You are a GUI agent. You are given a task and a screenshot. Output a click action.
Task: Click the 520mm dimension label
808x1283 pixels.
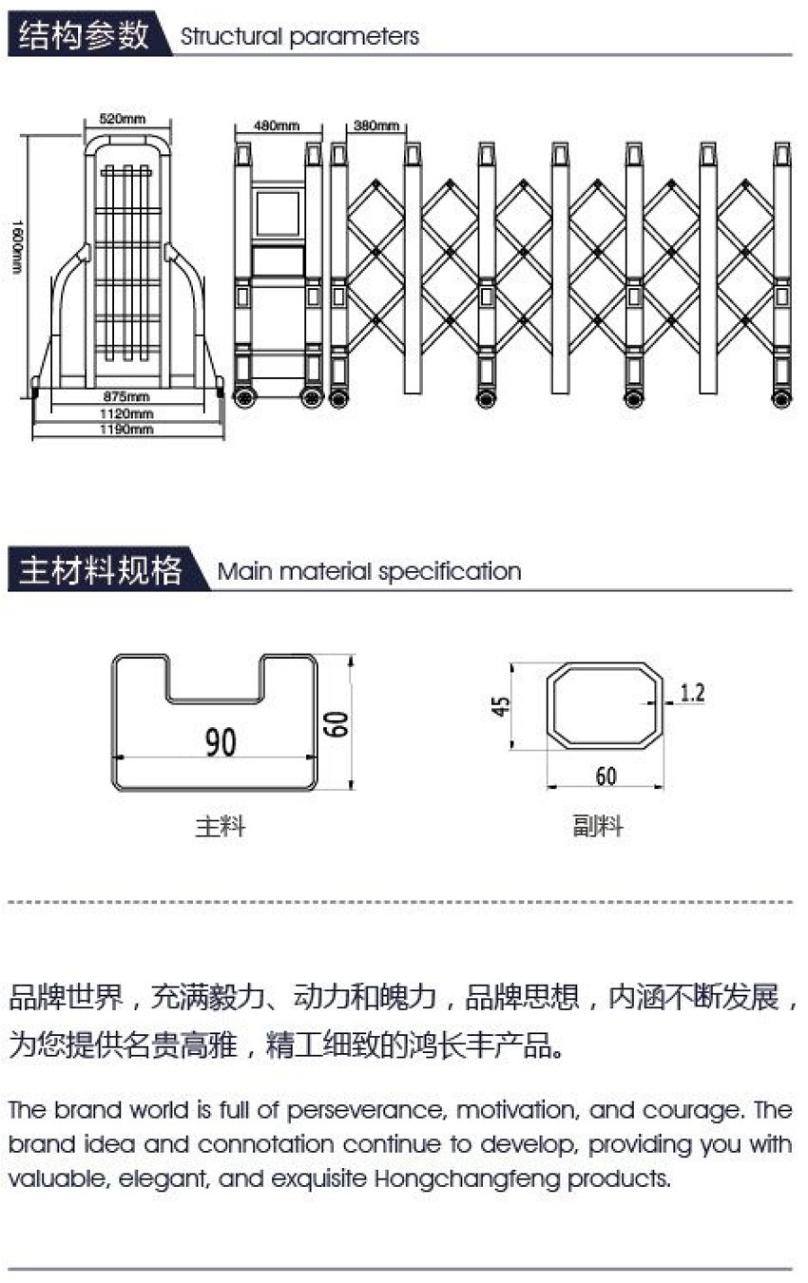coord(123,119)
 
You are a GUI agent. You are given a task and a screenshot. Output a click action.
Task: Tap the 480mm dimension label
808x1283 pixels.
coord(277,125)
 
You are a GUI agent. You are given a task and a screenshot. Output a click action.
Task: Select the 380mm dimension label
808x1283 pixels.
coord(376,125)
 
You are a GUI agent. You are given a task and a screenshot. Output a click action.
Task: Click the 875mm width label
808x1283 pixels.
coord(126,396)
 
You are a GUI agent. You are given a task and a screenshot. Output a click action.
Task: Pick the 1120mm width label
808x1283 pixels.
coord(128,413)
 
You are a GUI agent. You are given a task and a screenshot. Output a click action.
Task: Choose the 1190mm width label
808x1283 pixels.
coord(128,430)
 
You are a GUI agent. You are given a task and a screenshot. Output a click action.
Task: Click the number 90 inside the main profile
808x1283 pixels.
coord(221,742)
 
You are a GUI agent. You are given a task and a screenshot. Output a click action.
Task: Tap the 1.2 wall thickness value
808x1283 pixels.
coord(693,693)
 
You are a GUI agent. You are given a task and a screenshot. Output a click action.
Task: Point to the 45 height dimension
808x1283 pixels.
coord(502,706)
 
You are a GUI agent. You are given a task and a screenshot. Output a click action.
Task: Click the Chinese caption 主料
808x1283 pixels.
coord(221,827)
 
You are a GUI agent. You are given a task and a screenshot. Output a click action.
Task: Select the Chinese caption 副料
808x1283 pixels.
coord(598,826)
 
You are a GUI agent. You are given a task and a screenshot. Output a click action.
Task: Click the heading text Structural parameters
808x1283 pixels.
coord(299,37)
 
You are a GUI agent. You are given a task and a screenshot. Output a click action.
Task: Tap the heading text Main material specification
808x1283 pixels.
coord(369,571)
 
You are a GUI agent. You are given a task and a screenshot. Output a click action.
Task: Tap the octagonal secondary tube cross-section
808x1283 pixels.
coord(606,705)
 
